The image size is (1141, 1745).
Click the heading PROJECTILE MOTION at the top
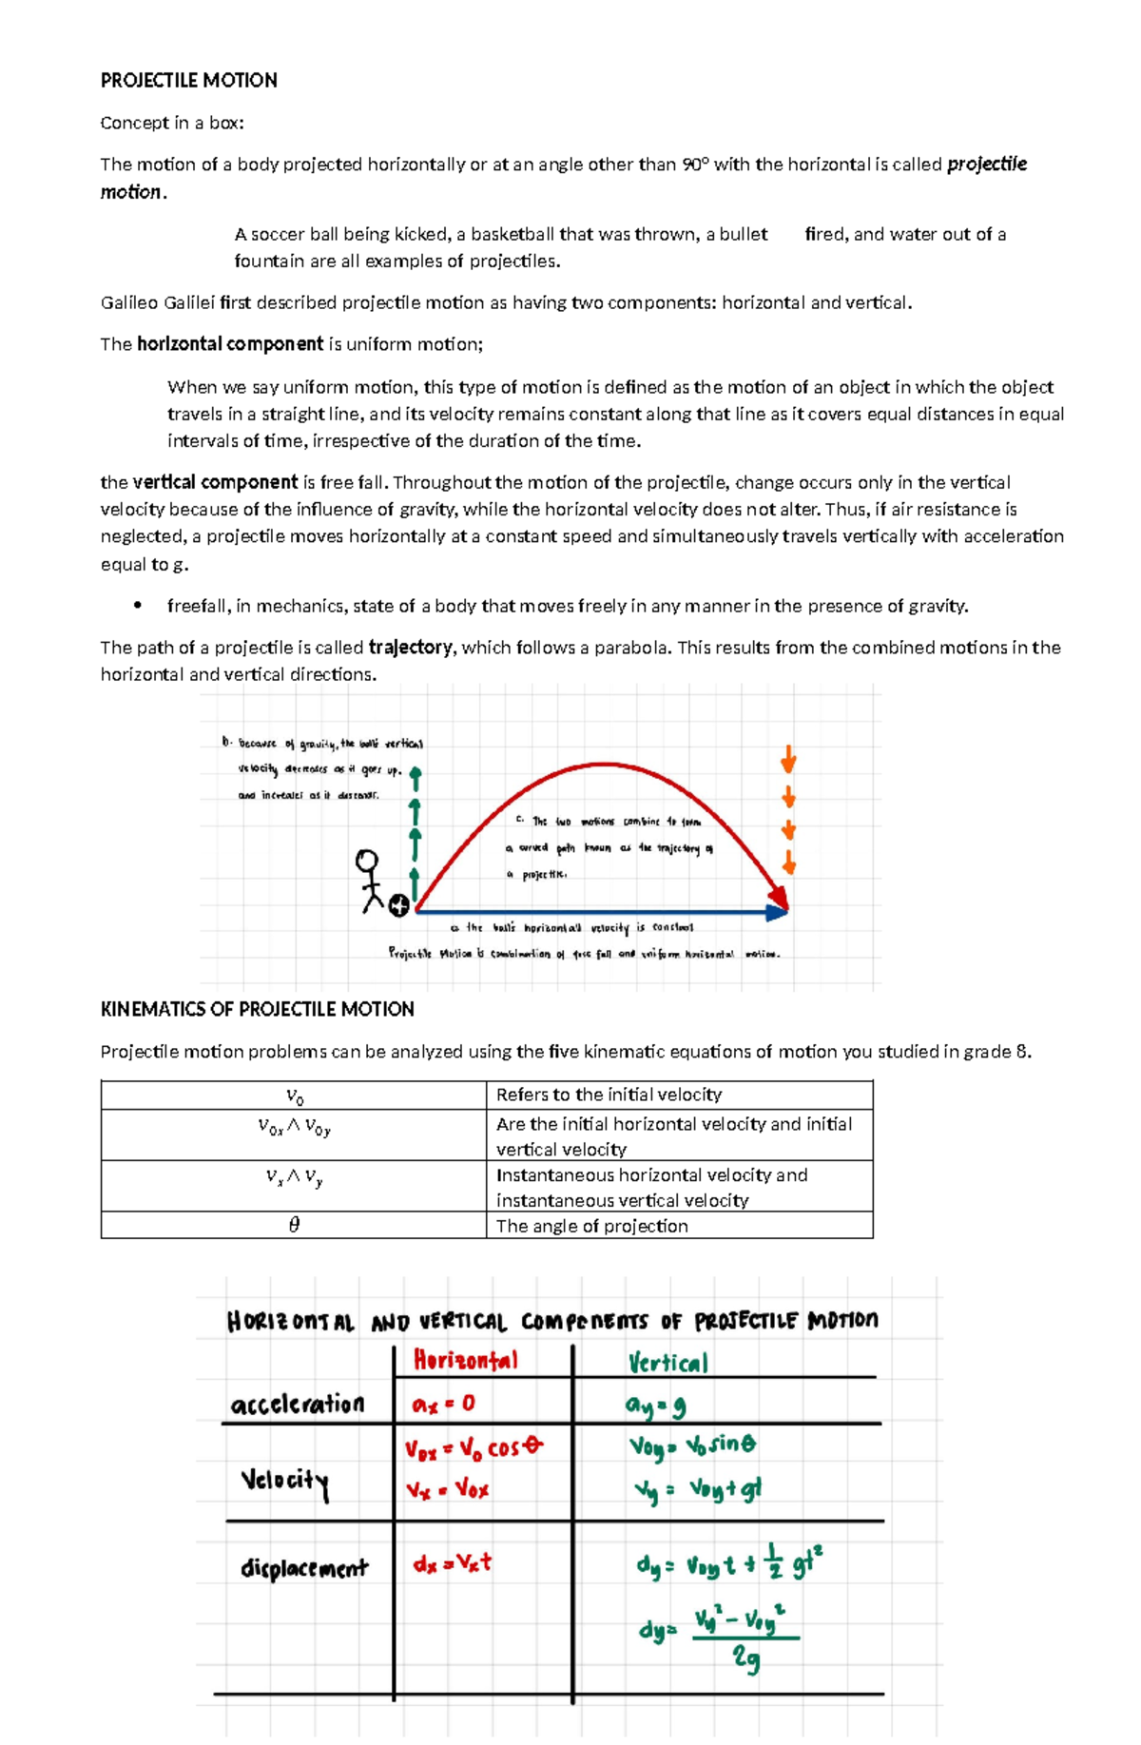point(188,81)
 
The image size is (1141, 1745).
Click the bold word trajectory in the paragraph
point(410,648)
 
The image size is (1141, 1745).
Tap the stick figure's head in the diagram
point(366,862)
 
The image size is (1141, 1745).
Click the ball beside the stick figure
point(399,906)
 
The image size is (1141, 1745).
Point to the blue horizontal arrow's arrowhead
point(778,911)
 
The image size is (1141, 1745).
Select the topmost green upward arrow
point(416,778)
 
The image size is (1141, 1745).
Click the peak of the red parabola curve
point(603,764)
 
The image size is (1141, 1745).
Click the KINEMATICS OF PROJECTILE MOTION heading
point(257,1009)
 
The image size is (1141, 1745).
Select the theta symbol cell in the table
point(294,1225)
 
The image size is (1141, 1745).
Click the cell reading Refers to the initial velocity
point(609,1095)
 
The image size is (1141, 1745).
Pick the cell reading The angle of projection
point(591,1226)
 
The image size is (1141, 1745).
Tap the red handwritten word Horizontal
point(466,1361)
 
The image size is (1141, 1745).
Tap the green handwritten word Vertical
point(667,1363)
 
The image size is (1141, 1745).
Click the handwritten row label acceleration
point(297,1405)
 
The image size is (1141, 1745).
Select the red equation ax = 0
point(443,1405)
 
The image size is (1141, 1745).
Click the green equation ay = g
point(655,1406)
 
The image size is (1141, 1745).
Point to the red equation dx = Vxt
point(453,1563)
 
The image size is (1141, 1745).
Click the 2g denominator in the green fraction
point(745,1658)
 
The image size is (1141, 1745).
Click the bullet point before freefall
point(138,606)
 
